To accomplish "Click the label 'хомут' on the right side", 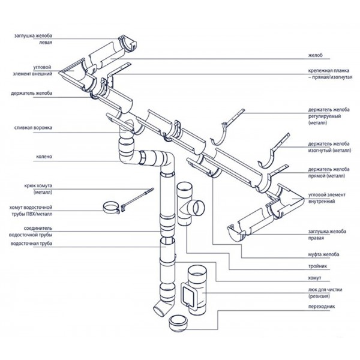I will (314, 278).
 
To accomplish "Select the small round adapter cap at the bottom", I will (178, 324).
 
